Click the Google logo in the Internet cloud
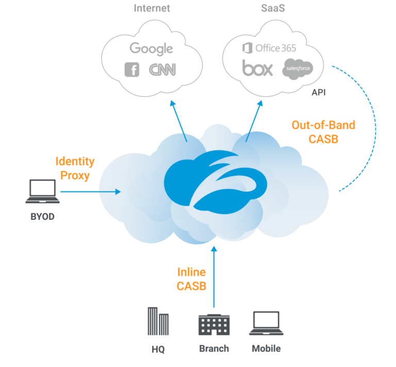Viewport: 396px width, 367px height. point(151,49)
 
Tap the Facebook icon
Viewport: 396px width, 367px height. point(132,69)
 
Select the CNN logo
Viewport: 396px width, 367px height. point(162,70)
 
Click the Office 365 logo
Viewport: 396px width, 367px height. point(269,48)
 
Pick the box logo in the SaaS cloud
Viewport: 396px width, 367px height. point(257,68)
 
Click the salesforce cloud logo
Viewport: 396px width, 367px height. point(298,69)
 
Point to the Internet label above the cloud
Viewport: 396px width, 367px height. point(152,8)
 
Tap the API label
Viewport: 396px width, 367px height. point(318,93)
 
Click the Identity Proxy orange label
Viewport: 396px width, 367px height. point(75,168)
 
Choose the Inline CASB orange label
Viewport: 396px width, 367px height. point(191,279)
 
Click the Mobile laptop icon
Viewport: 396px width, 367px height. point(266,324)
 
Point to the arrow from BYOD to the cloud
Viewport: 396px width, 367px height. point(90,192)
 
